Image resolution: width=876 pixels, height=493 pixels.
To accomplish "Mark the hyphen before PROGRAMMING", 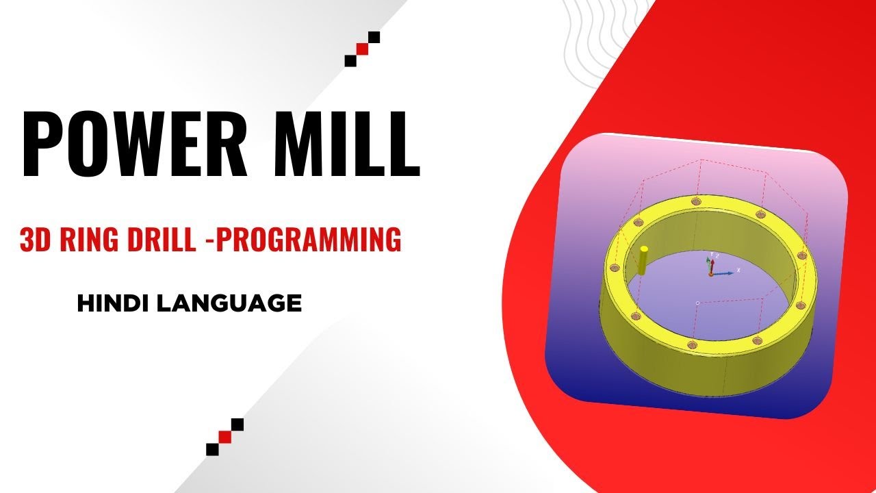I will (208, 241).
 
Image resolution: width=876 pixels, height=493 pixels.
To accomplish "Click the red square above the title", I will (363, 49).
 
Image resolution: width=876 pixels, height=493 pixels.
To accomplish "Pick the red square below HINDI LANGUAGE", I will (224, 437).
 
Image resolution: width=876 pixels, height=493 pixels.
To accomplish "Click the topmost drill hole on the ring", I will (696, 201).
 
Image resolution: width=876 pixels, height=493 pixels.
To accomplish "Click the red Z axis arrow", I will (712, 264).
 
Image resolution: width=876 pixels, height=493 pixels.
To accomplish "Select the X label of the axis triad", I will (738, 270).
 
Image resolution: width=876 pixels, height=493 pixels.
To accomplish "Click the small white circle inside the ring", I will (697, 302).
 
